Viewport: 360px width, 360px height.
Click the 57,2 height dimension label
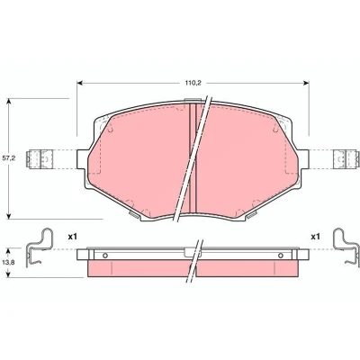pyautogui.click(x=9, y=158)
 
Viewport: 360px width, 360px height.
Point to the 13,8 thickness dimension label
pyautogui.click(x=9, y=262)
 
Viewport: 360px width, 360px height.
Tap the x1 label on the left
pyautogui.click(x=72, y=237)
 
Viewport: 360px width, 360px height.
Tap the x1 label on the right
pyautogui.click(x=315, y=237)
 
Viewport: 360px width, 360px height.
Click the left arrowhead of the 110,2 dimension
pyautogui.click(x=80, y=83)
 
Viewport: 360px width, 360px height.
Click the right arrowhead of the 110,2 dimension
pyautogui.click(x=306, y=83)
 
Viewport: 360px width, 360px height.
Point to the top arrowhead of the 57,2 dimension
pyautogui.click(x=9, y=101)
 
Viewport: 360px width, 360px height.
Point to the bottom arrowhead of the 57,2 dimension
pyautogui.click(x=9, y=216)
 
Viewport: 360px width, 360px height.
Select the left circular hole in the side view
pyautogui.click(x=105, y=256)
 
